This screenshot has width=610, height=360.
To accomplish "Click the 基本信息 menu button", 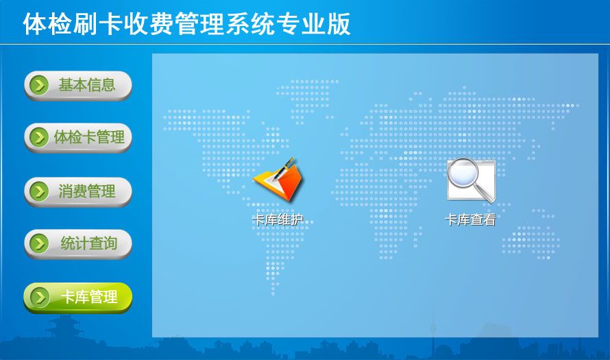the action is tap(78, 86).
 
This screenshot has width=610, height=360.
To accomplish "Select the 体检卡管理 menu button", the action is tap(78, 138).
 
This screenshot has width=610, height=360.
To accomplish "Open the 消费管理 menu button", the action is tap(78, 191).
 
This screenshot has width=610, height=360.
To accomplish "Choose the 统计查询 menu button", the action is tap(78, 244).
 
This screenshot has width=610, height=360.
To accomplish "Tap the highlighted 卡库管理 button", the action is tap(78, 298).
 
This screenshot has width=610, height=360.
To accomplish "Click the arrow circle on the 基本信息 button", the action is tap(39, 85).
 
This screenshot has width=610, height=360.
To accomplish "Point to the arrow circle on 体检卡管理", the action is tap(39, 137).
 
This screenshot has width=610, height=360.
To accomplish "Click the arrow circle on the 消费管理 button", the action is tap(39, 191).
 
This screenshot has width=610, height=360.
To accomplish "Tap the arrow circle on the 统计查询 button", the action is tap(39, 243).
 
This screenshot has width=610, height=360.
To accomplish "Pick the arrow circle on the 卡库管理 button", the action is tap(39, 298).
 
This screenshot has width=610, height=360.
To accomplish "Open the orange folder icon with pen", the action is tap(278, 180).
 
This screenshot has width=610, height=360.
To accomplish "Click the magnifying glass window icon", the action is tap(471, 180).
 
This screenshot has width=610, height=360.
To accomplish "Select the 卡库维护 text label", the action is tap(278, 220).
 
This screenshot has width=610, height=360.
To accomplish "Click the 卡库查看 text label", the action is tap(470, 220).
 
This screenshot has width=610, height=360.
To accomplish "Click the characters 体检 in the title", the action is tap(48, 24).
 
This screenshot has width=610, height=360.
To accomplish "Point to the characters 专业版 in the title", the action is tap(313, 24).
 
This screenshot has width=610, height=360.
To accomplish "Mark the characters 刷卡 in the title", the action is tap(98, 24).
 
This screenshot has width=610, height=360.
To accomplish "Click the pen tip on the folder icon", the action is tap(275, 179).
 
